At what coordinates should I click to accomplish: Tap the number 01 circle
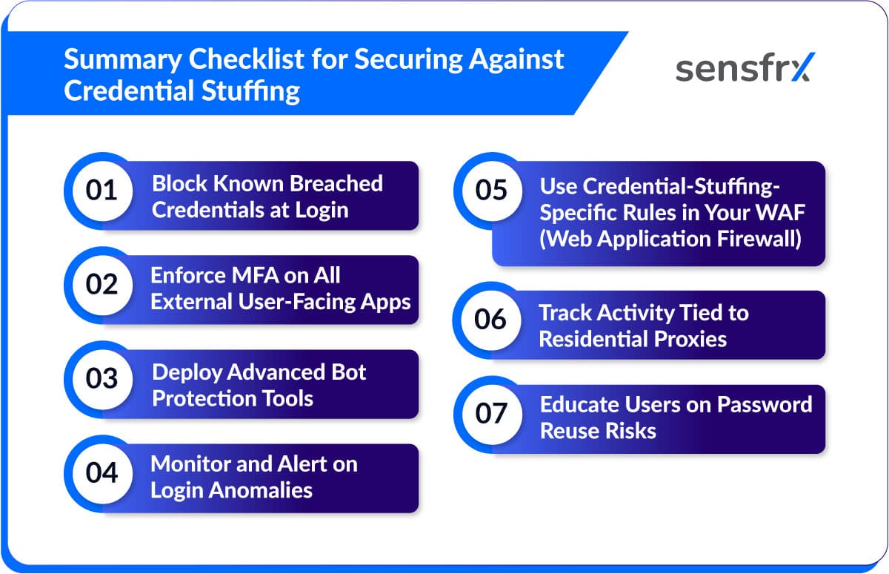tap(101, 191)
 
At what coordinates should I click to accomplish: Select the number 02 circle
tap(101, 285)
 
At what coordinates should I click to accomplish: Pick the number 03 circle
tap(101, 379)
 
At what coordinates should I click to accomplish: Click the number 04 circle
tap(101, 473)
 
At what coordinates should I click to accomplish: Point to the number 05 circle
tap(490, 191)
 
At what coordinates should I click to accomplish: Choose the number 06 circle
tap(490, 320)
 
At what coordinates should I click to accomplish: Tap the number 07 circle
tap(490, 414)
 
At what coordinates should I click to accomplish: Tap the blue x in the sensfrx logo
tap(797, 67)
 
